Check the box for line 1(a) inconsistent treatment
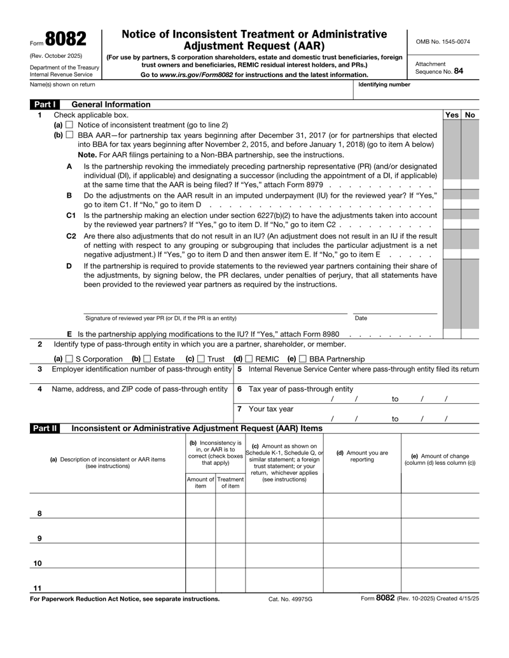71,125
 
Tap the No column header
470,114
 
